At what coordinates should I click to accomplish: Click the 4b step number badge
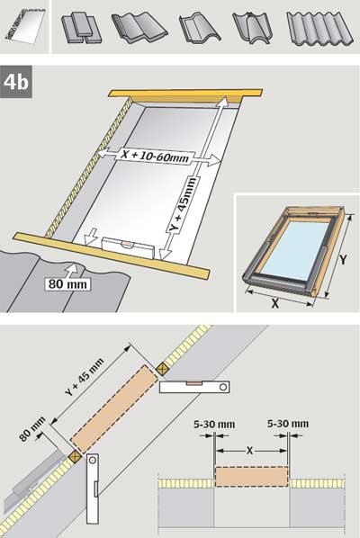point(16,82)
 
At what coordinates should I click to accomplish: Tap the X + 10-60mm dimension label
point(156,156)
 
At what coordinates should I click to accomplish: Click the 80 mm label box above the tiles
point(68,284)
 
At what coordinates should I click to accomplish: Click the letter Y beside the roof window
point(343,259)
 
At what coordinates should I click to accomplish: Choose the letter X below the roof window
point(274,303)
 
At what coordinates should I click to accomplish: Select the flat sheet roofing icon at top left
point(25,25)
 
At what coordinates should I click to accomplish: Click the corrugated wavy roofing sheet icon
point(319,29)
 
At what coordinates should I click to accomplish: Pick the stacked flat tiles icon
point(81,28)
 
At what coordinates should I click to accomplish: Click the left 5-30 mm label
point(214,424)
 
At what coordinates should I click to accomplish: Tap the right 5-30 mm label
point(288,424)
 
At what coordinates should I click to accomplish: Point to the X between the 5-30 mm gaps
point(249,450)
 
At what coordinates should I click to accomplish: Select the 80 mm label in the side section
point(32,428)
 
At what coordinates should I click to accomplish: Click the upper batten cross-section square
point(161,369)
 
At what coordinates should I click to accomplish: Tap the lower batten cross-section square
point(75,456)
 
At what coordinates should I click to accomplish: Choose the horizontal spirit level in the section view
point(194,387)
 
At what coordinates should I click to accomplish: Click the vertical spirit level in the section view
point(93,489)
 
